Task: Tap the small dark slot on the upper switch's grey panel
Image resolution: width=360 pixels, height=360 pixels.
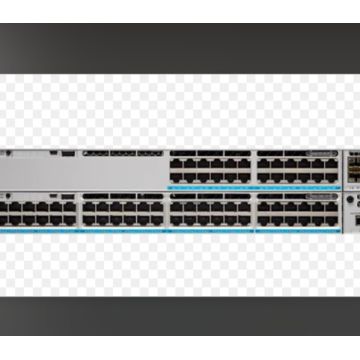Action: click(67, 153)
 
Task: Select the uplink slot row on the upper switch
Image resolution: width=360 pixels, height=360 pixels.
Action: click(121, 153)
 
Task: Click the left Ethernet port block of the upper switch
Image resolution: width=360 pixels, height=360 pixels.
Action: click(210, 167)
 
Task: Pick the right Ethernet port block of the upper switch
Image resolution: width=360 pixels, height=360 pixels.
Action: click(297, 167)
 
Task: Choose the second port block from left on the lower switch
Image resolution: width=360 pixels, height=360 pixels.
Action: click(123, 211)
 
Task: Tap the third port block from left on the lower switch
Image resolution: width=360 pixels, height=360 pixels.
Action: click(210, 211)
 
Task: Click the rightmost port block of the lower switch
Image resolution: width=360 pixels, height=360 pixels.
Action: click(297, 211)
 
